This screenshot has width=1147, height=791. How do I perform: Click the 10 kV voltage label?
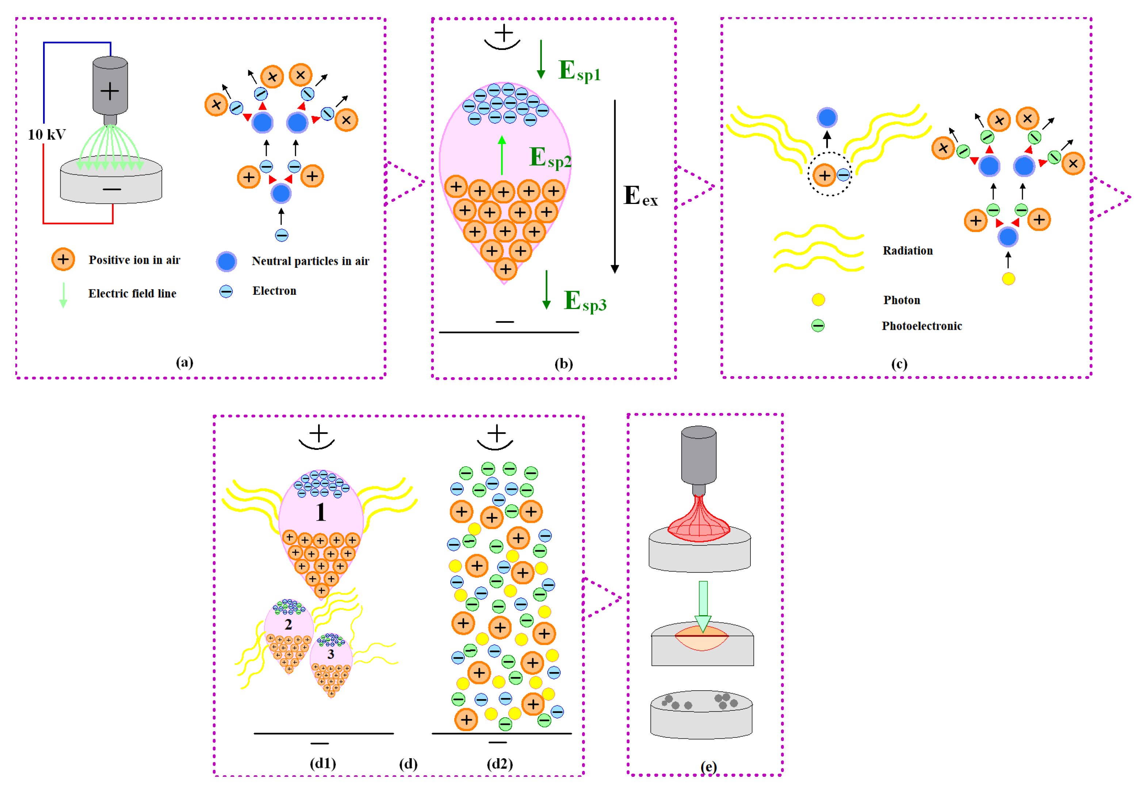[x=47, y=134]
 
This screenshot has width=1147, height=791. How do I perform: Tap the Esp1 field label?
[x=579, y=71]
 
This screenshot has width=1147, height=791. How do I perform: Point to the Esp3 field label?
[x=585, y=301]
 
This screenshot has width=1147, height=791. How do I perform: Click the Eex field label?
[x=640, y=196]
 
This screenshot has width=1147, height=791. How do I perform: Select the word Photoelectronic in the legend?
[x=921, y=326]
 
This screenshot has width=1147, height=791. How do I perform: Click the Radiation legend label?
[x=907, y=251]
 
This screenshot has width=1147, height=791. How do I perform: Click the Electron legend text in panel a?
[x=274, y=291]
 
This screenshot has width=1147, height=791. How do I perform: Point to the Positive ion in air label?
[x=134, y=260]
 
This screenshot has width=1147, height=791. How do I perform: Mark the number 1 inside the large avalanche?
[x=321, y=512]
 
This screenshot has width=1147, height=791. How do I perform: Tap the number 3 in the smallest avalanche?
[x=331, y=654]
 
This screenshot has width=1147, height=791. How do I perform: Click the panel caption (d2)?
[x=499, y=764]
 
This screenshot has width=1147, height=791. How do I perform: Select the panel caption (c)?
[x=899, y=364]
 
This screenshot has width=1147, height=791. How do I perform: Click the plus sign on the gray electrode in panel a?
[x=110, y=91]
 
